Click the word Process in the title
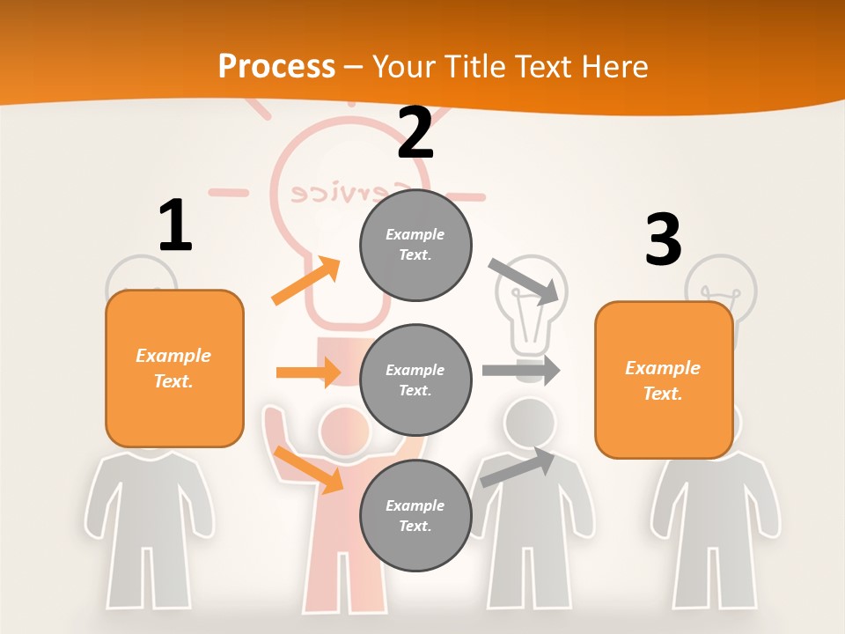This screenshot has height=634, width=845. (276, 66)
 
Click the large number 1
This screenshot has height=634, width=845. (175, 225)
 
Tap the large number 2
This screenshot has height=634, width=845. (415, 133)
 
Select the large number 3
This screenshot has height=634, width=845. (663, 240)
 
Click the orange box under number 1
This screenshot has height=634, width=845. (174, 368)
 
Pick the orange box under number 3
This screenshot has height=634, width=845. (664, 380)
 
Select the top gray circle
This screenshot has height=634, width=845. (415, 245)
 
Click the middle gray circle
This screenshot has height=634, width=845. (415, 380)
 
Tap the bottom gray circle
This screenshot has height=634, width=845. (415, 515)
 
